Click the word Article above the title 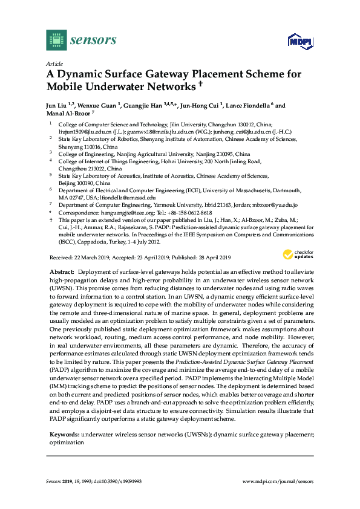[x=54, y=63]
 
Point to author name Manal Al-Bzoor [x=67, y=114]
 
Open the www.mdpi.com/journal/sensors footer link [x=278, y=481]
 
